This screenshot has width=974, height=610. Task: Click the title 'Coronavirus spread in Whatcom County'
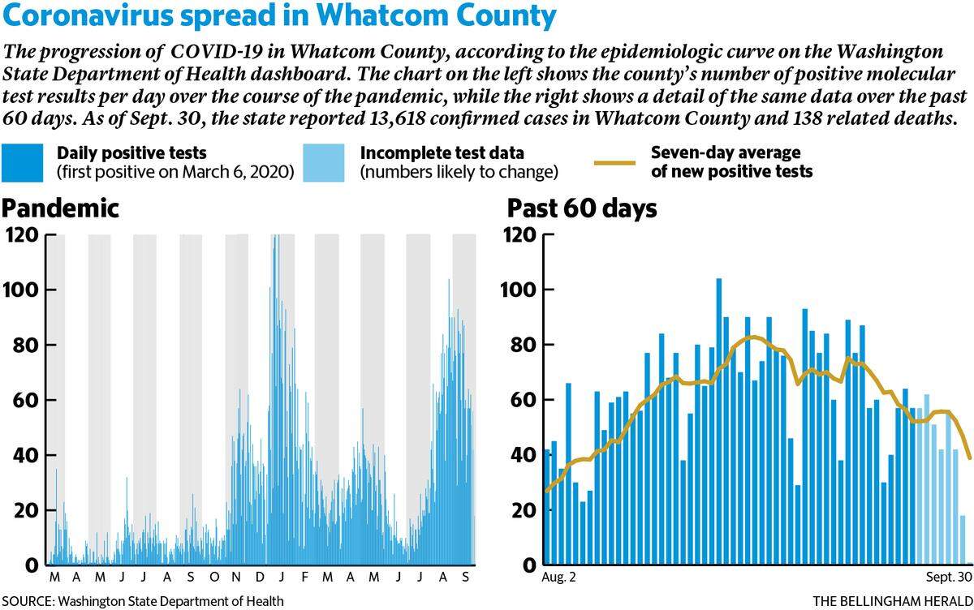279,16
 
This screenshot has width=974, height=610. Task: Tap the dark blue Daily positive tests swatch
22,162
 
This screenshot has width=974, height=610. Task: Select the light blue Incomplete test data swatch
324,162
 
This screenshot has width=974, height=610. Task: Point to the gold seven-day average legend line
615,163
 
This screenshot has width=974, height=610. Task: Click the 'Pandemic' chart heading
60,208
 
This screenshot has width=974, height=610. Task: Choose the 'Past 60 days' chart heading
582,208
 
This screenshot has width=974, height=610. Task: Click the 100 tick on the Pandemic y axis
21,290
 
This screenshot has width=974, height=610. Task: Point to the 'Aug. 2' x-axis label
558,577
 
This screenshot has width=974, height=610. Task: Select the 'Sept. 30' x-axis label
949,577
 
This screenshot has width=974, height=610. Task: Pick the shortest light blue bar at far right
963,540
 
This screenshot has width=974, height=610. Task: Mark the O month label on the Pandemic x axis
214,577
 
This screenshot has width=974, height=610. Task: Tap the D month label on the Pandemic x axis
260,577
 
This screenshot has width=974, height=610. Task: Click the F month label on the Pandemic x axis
305,577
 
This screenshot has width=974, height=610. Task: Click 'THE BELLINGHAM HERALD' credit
893,601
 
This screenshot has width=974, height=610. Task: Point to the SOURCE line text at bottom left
143,601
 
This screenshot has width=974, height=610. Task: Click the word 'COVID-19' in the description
217,52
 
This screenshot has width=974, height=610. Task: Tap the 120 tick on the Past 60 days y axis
519,235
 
